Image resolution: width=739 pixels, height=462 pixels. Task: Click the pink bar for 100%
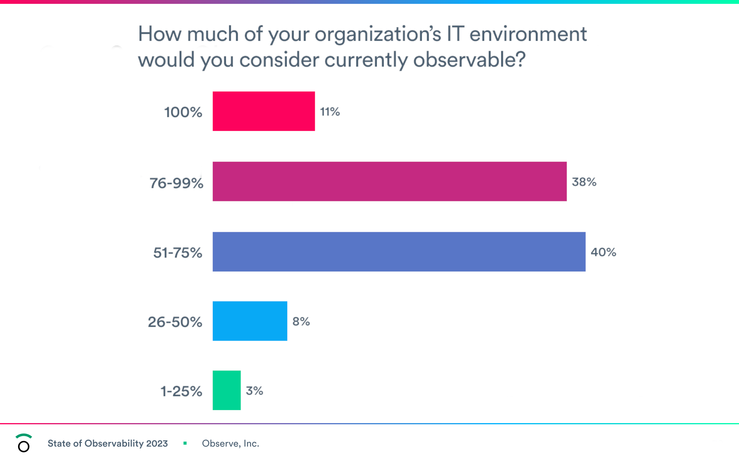[264, 111]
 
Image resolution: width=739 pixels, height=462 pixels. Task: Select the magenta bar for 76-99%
[390, 181]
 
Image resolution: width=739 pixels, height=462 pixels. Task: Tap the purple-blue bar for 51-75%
[399, 252]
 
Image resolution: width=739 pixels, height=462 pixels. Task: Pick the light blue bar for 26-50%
[250, 321]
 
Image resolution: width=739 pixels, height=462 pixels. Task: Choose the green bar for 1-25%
[227, 390]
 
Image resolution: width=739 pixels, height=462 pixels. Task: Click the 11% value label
[330, 112]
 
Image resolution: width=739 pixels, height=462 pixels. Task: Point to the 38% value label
[584, 182]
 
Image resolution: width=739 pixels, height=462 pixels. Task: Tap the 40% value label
[603, 252]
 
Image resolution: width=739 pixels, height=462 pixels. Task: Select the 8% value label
[301, 321]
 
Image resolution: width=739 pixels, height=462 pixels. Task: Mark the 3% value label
[254, 391]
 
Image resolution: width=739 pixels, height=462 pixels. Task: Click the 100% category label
[183, 112]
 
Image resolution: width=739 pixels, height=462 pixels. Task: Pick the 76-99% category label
[176, 183]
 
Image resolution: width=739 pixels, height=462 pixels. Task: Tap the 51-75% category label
[178, 253]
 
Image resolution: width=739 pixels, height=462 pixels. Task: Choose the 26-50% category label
[175, 322]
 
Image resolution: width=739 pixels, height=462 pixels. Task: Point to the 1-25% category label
[181, 391]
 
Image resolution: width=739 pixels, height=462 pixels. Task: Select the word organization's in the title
[378, 34]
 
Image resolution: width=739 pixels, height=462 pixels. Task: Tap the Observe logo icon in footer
[23, 443]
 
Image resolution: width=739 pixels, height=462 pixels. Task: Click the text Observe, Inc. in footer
[231, 444]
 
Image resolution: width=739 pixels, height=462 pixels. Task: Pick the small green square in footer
[185, 443]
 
